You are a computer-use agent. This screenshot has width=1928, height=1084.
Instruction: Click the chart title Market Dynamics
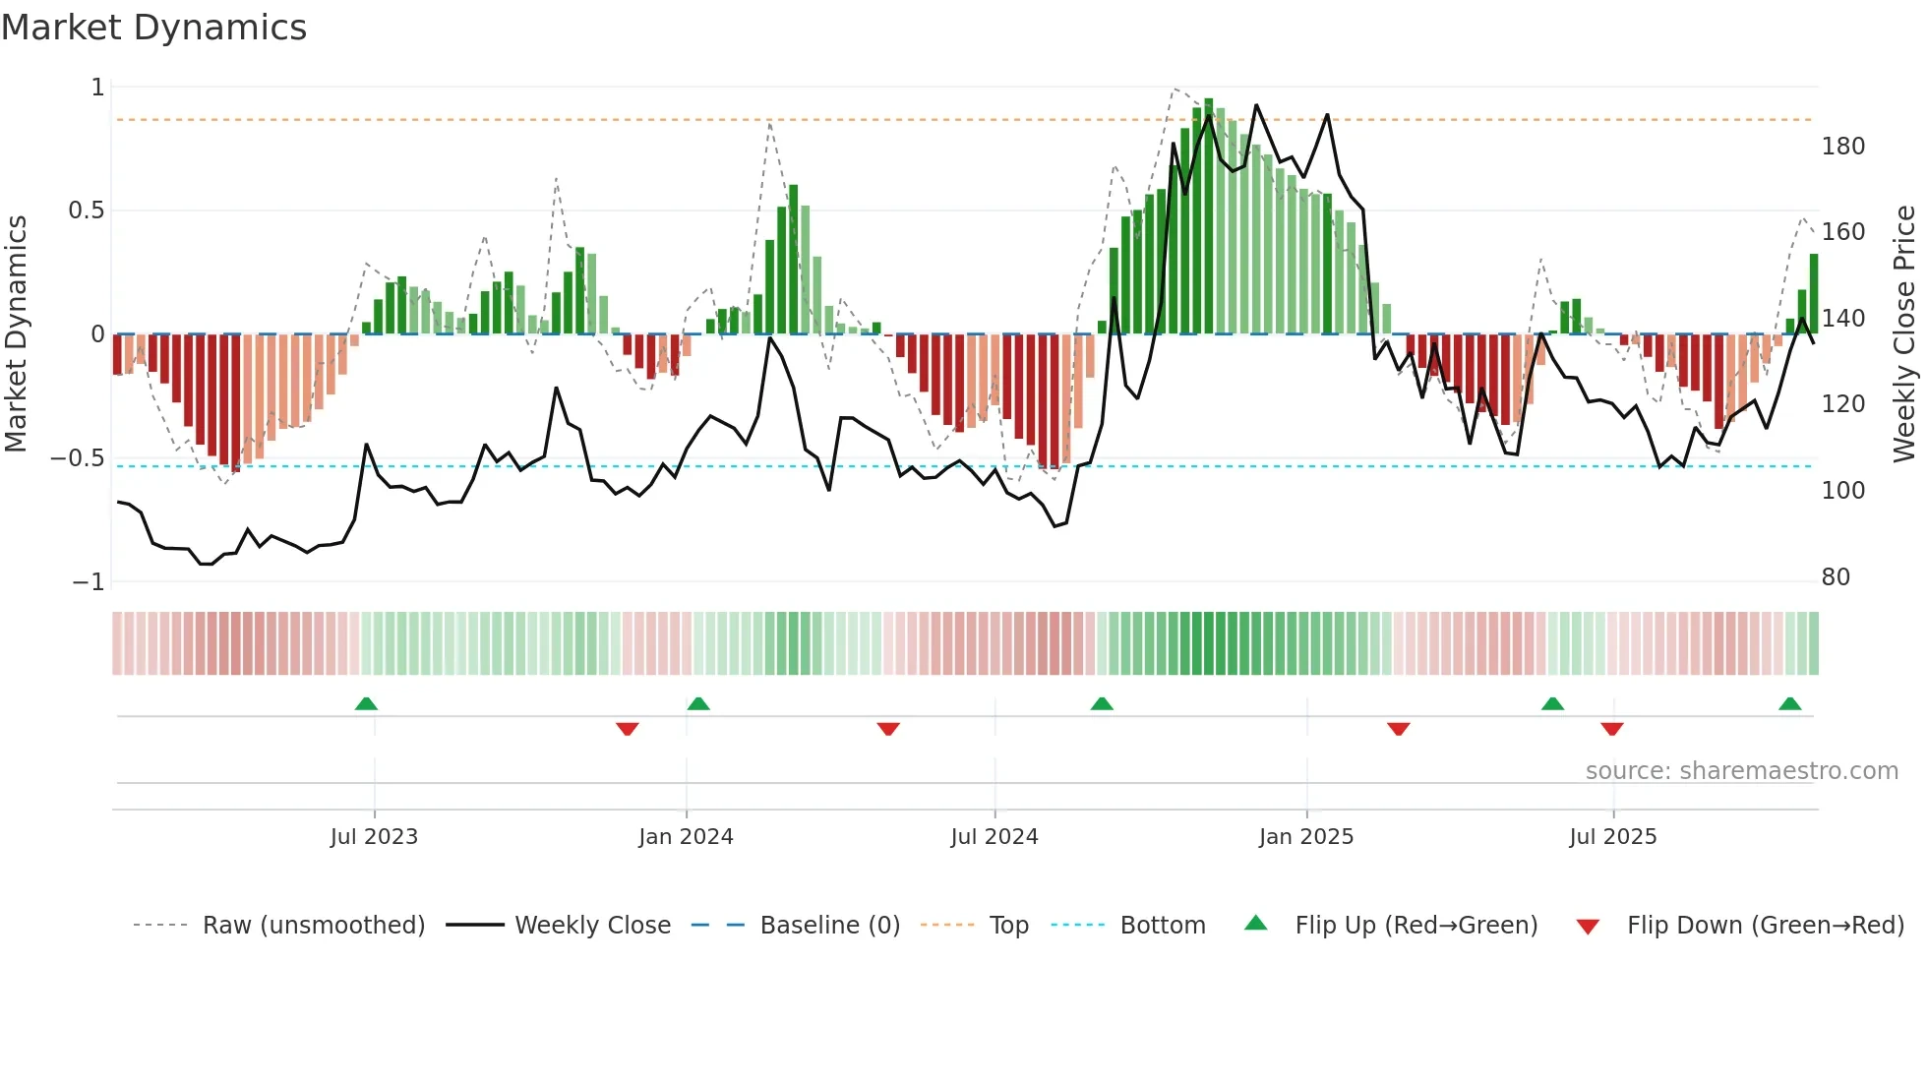[x=154, y=28]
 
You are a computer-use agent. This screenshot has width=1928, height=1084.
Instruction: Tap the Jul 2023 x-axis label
[x=374, y=837]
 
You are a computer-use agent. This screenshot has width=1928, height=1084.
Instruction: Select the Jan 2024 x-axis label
[x=686, y=837]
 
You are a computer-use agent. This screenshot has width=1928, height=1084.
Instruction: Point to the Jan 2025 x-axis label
[x=1306, y=837]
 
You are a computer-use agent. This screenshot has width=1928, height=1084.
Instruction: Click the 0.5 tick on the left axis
[x=86, y=211]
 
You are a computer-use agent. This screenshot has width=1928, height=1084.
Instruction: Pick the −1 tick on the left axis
[x=88, y=582]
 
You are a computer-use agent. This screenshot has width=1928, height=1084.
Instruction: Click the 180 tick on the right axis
[x=1842, y=147]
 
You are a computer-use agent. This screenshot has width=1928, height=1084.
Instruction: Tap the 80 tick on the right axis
[x=1836, y=577]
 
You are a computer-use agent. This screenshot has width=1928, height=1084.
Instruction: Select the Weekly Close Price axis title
[x=1904, y=334]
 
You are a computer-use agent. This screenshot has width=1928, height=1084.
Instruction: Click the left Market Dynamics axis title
[x=16, y=334]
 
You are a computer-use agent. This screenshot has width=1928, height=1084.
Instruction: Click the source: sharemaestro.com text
[x=1741, y=771]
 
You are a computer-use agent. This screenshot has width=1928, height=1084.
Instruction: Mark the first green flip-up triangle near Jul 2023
[x=366, y=703]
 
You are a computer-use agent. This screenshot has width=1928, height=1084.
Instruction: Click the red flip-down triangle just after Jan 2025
[x=1399, y=729]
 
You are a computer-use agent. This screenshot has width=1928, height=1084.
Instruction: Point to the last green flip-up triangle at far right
[x=1789, y=703]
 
